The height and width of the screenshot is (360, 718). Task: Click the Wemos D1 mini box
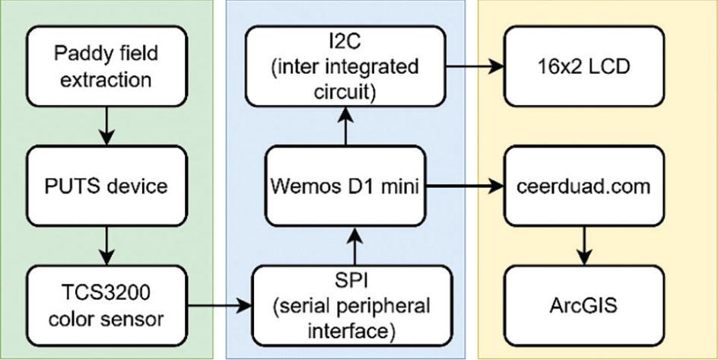tap(347, 186)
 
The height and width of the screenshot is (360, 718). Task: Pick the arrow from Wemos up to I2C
tap(347, 126)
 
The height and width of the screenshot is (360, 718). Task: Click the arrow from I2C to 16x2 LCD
tap(475, 65)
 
